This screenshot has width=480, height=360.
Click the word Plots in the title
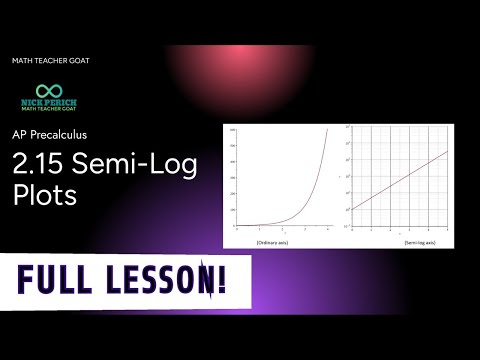click(44, 194)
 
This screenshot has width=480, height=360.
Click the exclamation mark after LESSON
click(216, 277)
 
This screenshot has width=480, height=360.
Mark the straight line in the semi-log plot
click(400, 180)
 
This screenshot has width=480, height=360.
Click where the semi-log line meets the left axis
click(349, 210)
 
